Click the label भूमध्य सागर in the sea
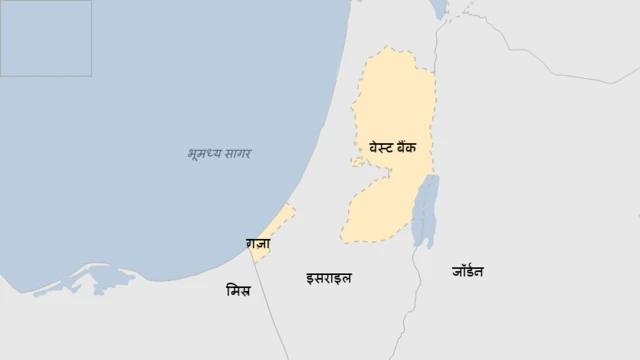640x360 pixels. (x=219, y=154)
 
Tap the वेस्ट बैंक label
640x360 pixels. (x=399, y=147)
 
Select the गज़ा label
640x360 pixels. (x=258, y=243)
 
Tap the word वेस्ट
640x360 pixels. (x=382, y=147)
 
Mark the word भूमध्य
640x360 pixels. (x=202, y=154)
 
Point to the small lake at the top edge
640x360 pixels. (x=439, y=9)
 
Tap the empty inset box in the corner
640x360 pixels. (x=45, y=38)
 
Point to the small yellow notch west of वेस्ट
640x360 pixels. (x=356, y=160)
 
